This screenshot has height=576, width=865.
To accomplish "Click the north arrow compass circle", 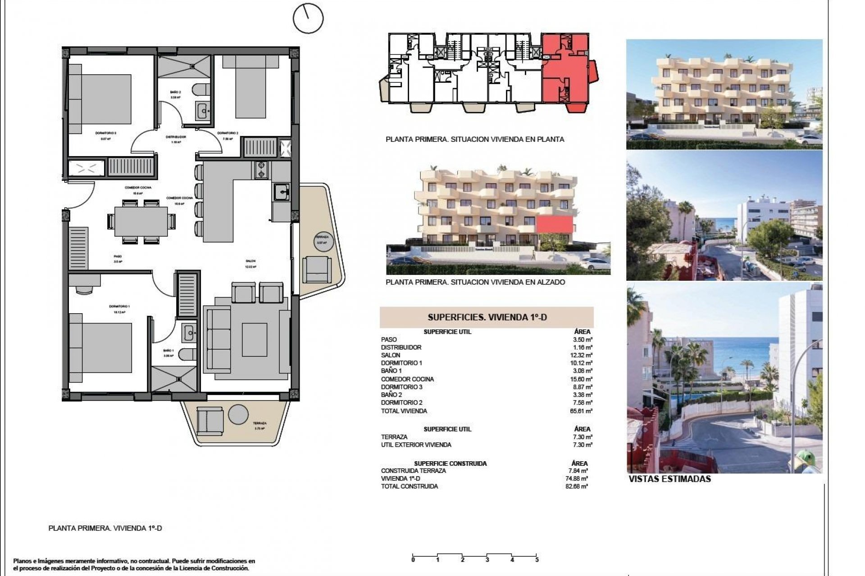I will point(308,18).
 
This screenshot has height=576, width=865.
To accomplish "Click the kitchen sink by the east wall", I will point(282,193).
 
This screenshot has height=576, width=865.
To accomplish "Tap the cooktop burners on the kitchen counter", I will point(261,170).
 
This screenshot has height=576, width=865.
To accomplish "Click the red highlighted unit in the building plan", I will point(565,72).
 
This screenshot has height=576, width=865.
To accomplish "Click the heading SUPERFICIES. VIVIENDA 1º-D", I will point(487,317).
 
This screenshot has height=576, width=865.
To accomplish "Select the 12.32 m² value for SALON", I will point(582,355).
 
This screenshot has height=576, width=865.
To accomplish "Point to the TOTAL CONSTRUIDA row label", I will point(409,486).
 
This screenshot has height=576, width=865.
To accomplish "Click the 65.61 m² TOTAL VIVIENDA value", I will point(582,411).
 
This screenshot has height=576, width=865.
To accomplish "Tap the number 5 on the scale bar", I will point(537,560).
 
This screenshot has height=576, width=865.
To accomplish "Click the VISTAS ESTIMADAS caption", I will point(669,479).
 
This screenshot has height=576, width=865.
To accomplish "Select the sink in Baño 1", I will point(189,333).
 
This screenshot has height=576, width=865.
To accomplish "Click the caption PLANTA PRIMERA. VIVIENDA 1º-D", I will point(105,528).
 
